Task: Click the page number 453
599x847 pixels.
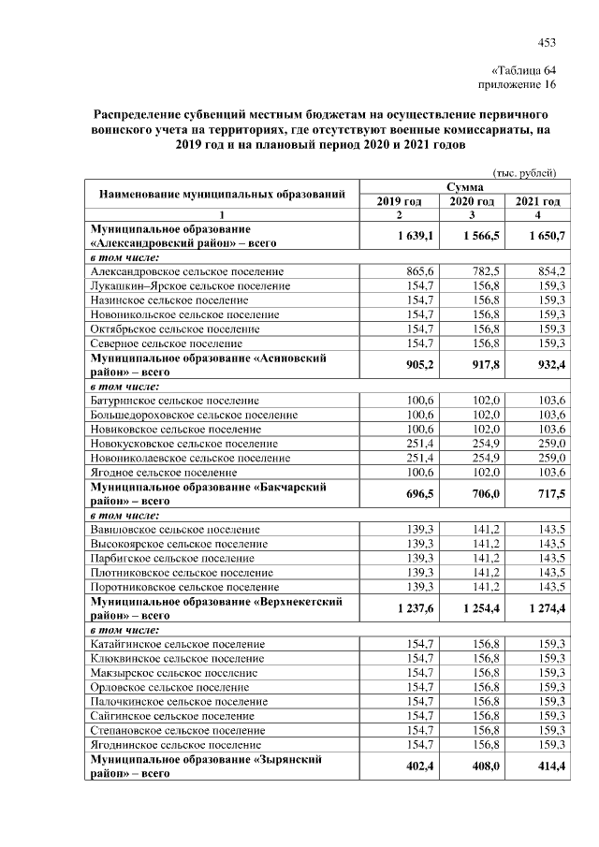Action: (547, 40)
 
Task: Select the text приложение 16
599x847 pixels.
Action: (518, 85)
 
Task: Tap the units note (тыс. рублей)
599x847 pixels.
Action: (525, 172)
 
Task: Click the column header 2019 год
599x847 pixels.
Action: (400, 201)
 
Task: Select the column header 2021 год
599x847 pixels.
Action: (537, 201)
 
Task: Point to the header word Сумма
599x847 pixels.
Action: (465, 188)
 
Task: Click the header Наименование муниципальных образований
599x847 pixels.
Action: (224, 195)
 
